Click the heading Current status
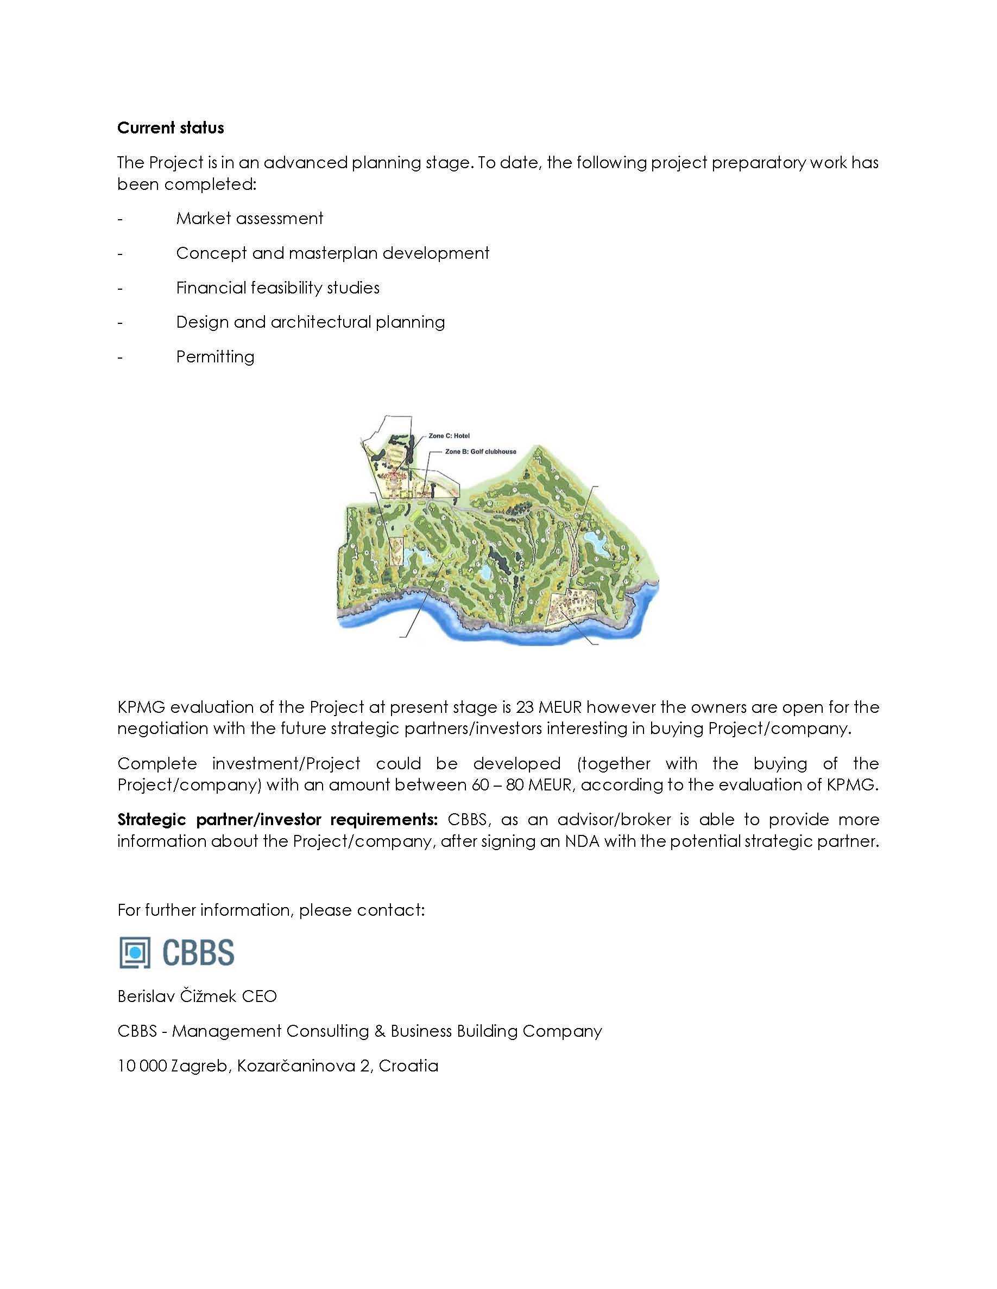[170, 128]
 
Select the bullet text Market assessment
[249, 219]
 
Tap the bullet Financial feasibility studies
[277, 288]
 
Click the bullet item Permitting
[215, 356]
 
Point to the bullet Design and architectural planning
[310, 322]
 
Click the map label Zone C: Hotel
[449, 436]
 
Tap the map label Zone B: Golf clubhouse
[480, 451]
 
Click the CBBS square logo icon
[135, 953]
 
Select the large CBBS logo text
[198, 953]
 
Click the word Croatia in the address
[408, 1065]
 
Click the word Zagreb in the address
[200, 1066]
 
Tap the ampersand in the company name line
[380, 1031]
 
